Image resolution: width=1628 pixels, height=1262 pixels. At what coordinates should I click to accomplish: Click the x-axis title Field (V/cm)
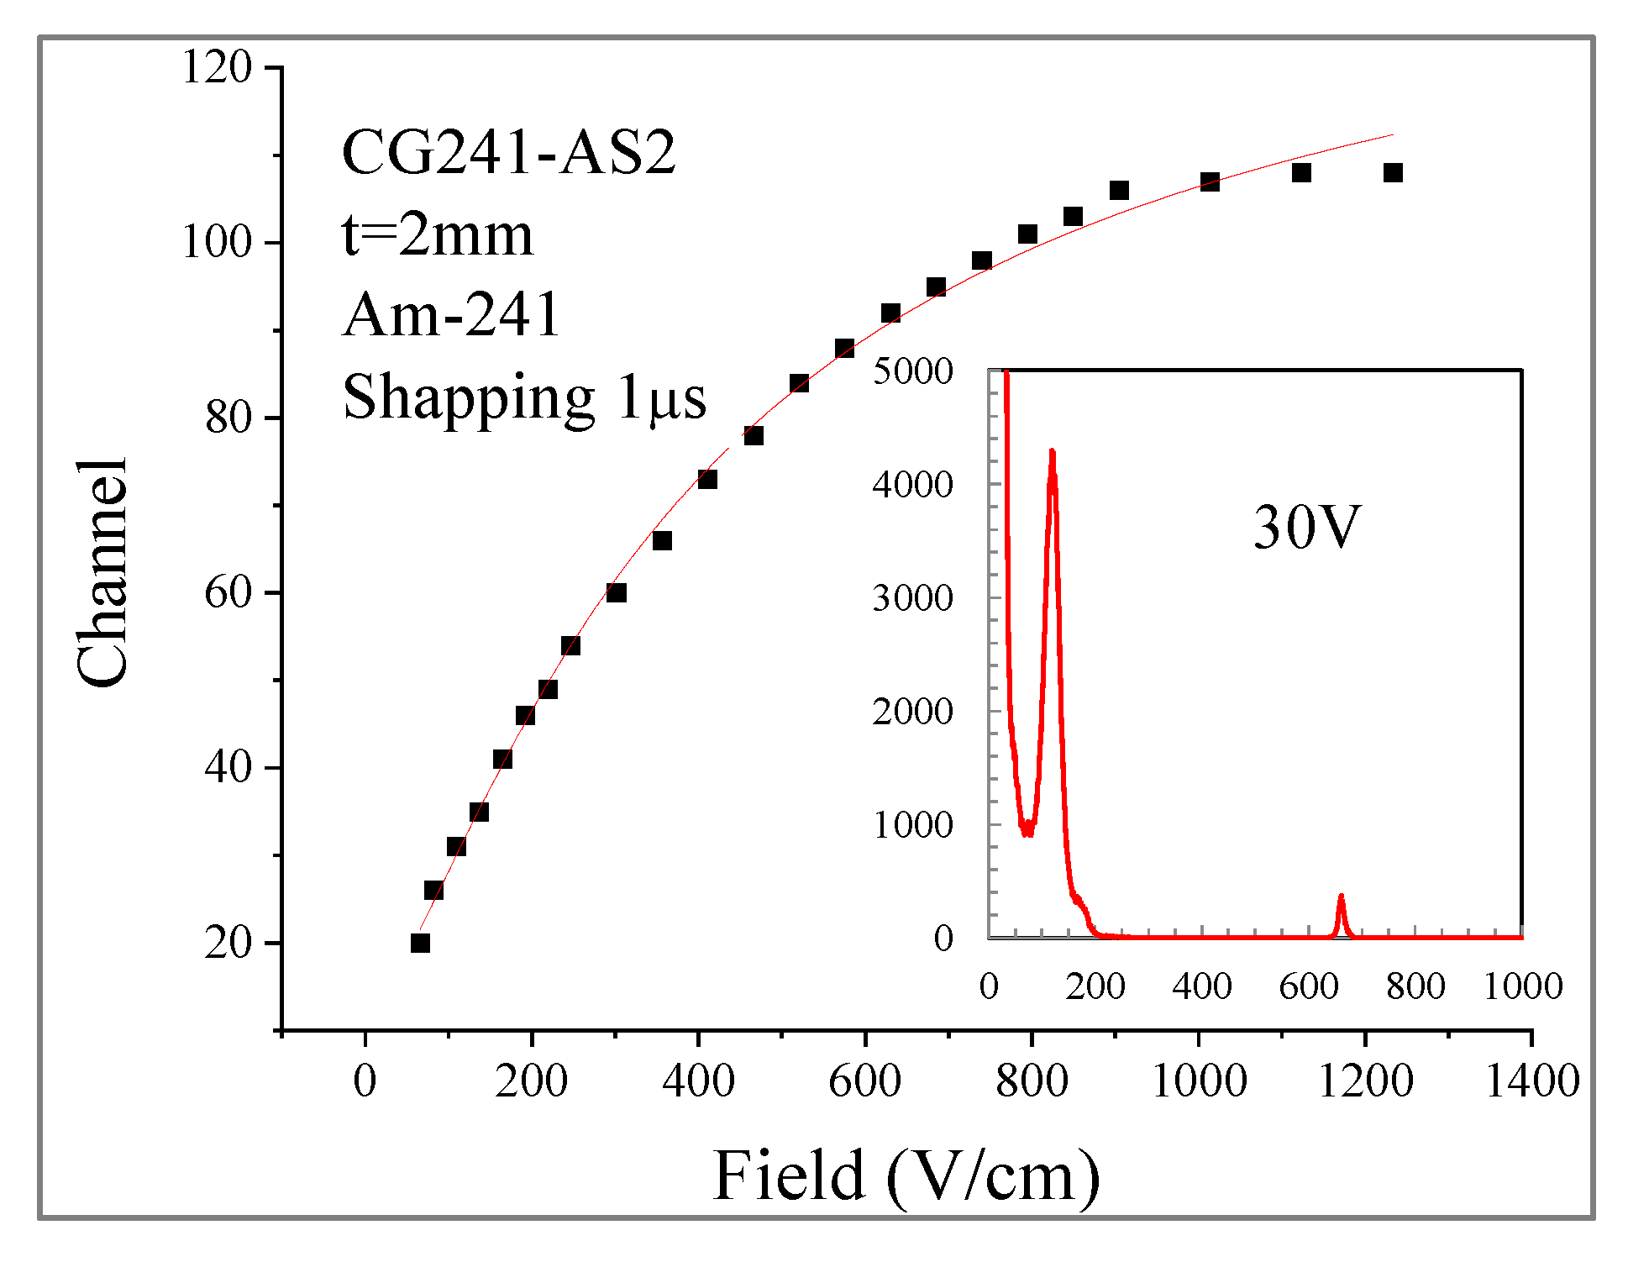pos(906,1177)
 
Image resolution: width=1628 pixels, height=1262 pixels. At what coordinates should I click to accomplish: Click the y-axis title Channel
pos(102,573)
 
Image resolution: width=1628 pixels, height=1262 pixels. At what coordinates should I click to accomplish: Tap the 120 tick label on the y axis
pos(217,67)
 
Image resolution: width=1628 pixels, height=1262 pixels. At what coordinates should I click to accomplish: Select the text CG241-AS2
pos(508,153)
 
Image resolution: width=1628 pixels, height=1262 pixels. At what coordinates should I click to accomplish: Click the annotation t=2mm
pos(437,234)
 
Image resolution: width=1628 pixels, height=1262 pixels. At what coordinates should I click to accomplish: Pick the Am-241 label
pos(451,315)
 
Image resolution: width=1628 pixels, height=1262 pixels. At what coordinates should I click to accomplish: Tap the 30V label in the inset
pos(1305,528)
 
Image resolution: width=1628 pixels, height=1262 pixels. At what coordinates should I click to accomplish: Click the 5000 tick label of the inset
pos(912,371)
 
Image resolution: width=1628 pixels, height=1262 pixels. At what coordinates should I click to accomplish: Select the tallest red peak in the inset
pos(1052,454)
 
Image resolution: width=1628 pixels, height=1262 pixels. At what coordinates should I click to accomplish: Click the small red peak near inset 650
pos(1341,899)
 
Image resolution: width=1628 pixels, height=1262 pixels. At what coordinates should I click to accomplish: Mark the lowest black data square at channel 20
pos(420,943)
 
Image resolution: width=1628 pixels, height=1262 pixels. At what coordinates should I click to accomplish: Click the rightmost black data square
pos(1393,173)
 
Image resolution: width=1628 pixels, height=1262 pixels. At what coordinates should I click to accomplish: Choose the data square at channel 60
pos(616,593)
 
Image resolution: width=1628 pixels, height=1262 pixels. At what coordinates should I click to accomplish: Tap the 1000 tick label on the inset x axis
pos(1522,986)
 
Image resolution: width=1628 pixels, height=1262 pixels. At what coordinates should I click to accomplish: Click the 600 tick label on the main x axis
pos(864,1081)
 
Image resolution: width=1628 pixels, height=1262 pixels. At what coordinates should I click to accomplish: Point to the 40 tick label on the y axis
pos(228,768)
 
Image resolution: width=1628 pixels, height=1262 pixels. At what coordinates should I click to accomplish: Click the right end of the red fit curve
pos(1392,134)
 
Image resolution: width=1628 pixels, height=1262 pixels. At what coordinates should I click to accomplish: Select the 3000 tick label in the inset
pos(912,598)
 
